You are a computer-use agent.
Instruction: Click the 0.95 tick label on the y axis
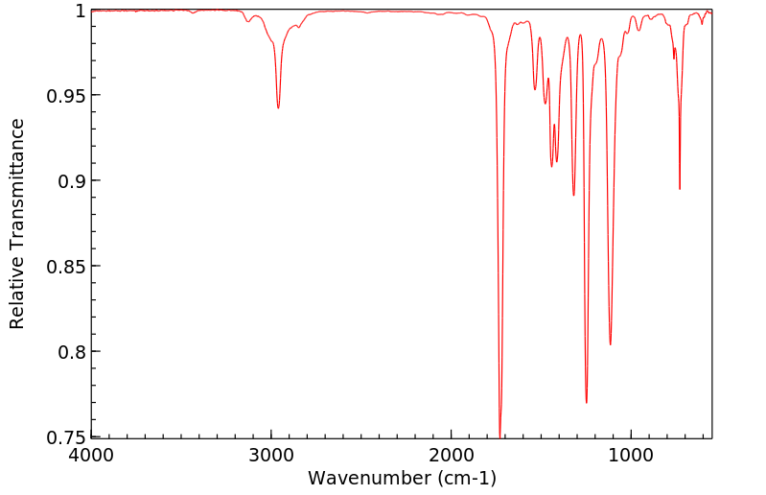(66, 96)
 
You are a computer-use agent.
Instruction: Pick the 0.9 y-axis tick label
(71, 181)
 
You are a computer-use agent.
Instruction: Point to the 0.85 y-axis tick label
(66, 267)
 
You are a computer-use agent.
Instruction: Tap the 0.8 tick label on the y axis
(71, 352)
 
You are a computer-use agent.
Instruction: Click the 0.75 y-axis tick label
(66, 437)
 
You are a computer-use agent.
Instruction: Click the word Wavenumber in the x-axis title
(369, 478)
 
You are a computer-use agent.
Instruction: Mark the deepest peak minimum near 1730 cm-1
(499, 434)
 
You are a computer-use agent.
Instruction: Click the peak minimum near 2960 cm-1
(278, 107)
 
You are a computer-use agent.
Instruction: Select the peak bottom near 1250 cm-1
(586, 402)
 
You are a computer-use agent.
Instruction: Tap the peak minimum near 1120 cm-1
(610, 344)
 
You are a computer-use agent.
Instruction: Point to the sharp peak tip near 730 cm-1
(680, 189)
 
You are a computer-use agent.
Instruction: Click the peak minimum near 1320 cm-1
(573, 196)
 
